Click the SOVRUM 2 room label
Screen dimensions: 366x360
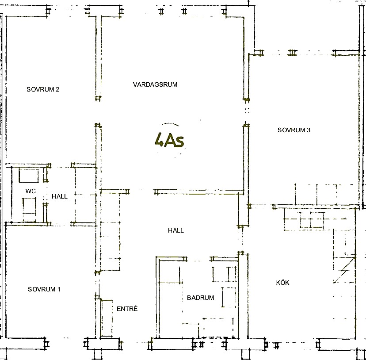(43, 89)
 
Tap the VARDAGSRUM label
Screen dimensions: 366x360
(155, 84)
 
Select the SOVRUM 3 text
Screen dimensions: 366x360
(294, 130)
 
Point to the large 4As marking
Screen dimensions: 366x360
(169, 140)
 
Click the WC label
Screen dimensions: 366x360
(30, 191)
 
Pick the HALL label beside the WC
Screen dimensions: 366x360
(60, 196)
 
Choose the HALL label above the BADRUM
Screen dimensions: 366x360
(176, 230)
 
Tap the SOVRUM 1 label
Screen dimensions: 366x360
(44, 289)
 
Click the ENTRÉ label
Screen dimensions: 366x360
(127, 309)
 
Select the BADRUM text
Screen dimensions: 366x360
(201, 298)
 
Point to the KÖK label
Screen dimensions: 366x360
(282, 283)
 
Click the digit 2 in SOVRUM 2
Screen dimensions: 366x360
(57, 89)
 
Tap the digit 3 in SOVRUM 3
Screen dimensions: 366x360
(309, 130)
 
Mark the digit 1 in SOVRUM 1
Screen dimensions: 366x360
(59, 289)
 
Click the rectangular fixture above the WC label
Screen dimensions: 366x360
(29, 176)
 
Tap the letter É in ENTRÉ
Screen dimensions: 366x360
(135, 309)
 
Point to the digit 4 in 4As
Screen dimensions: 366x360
(160, 140)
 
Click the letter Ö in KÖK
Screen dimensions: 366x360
(282, 283)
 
